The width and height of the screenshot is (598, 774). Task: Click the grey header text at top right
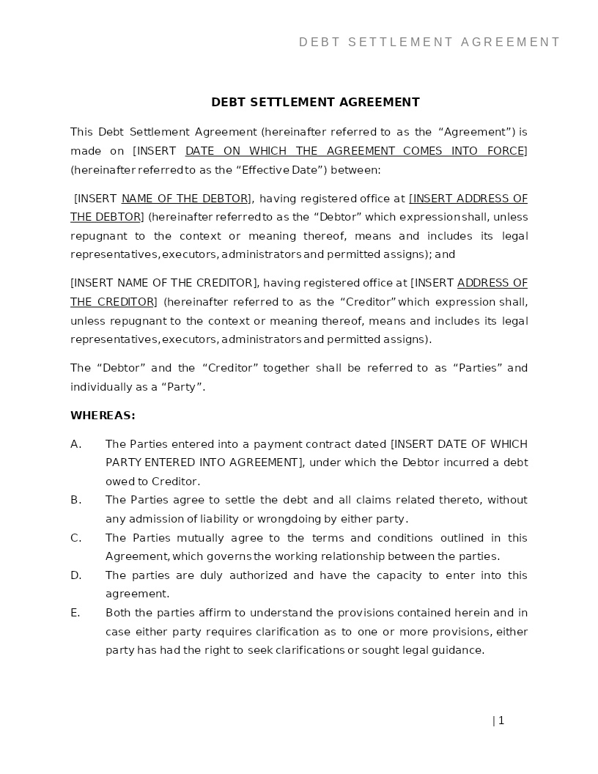(429, 43)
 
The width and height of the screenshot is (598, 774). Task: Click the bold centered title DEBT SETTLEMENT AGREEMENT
(315, 103)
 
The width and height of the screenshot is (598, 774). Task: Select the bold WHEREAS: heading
(103, 416)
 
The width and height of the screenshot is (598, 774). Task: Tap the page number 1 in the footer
(501, 720)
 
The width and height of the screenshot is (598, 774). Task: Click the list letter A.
(75, 444)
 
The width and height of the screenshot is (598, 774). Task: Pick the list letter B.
(75, 500)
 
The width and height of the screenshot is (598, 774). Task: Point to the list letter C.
(75, 538)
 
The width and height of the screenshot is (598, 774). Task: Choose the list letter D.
(75, 575)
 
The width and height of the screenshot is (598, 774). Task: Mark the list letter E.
(75, 613)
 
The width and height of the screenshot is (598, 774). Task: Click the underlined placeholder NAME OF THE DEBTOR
(185, 199)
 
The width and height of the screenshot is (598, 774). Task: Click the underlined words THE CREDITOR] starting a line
(113, 302)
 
